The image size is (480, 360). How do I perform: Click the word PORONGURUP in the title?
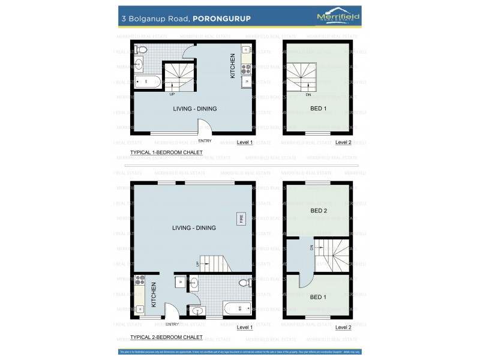point(221,19)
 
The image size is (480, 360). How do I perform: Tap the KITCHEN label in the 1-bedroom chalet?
point(233,67)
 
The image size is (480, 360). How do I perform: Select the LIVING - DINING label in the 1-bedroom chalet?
point(194,109)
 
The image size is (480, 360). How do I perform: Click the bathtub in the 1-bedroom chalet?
point(146,82)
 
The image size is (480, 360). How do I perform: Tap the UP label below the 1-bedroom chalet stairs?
point(172,94)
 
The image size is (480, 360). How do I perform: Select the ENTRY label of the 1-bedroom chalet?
point(205,141)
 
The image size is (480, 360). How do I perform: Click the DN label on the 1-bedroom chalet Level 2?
point(308,95)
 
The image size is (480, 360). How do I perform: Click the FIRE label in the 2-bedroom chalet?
point(242,219)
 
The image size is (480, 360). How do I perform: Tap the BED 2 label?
point(319,211)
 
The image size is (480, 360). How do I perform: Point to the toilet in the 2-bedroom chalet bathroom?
point(245,282)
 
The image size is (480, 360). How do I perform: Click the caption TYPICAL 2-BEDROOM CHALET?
point(166,337)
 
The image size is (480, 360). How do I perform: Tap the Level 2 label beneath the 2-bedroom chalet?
point(343,328)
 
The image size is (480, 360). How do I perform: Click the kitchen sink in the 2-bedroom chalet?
point(140,309)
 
